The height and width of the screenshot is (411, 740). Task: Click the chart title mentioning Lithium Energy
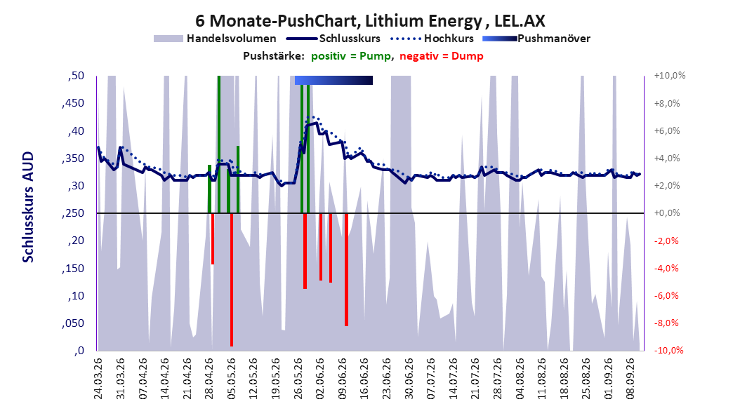point(370,21)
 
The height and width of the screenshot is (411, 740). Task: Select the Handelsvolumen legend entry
point(216,39)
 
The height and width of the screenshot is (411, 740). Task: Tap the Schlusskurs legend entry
point(333,39)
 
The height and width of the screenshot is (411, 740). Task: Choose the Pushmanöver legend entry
point(536,39)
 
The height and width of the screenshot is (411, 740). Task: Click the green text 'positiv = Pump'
point(351,56)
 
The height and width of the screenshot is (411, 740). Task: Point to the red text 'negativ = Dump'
point(442,56)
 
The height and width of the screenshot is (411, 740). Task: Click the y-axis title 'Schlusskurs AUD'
point(28,207)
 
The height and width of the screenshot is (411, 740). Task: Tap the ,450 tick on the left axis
point(73,103)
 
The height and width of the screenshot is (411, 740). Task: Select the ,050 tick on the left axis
point(73,323)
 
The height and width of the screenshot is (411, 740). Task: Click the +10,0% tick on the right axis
point(670,76)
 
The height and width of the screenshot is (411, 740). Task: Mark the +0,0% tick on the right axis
point(667,213)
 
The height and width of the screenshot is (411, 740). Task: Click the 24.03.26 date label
point(98,379)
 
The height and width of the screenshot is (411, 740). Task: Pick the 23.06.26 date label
point(387,379)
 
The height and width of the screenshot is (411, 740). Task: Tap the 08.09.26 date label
point(630,379)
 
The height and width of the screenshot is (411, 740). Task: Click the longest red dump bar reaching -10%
point(232,280)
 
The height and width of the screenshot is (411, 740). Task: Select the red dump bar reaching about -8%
point(346,269)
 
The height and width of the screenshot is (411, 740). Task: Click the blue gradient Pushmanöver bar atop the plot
point(333,80)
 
